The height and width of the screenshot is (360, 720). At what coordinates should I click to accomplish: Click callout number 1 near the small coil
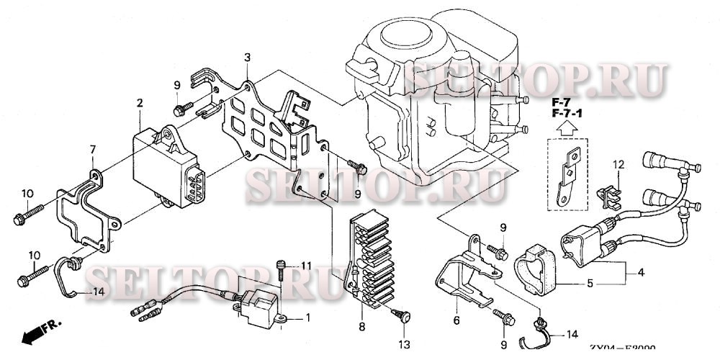click(309, 318)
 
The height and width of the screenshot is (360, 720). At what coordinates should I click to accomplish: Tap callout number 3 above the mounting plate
click(247, 57)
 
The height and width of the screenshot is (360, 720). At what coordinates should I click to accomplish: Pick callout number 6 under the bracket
click(456, 320)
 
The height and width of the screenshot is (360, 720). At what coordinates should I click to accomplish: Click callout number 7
click(92, 149)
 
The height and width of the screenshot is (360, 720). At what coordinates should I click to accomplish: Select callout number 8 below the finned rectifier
click(361, 327)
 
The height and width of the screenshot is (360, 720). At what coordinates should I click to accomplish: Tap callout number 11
click(305, 266)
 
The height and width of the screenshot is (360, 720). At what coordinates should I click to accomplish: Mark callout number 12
click(617, 166)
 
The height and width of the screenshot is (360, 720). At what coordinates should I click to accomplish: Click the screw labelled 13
click(402, 314)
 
